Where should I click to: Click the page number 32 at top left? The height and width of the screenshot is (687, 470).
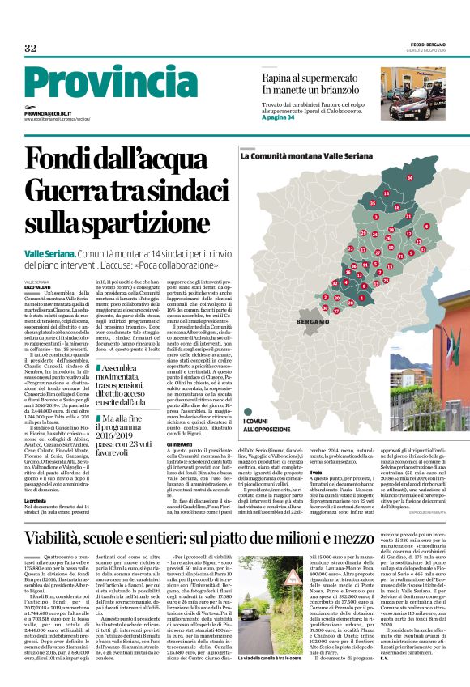click(x=30, y=48)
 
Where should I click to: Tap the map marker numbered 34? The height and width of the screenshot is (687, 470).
click(x=409, y=176)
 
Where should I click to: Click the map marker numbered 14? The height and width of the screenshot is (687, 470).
click(x=386, y=194)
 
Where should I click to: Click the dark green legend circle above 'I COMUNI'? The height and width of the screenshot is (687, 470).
click(x=246, y=411)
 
